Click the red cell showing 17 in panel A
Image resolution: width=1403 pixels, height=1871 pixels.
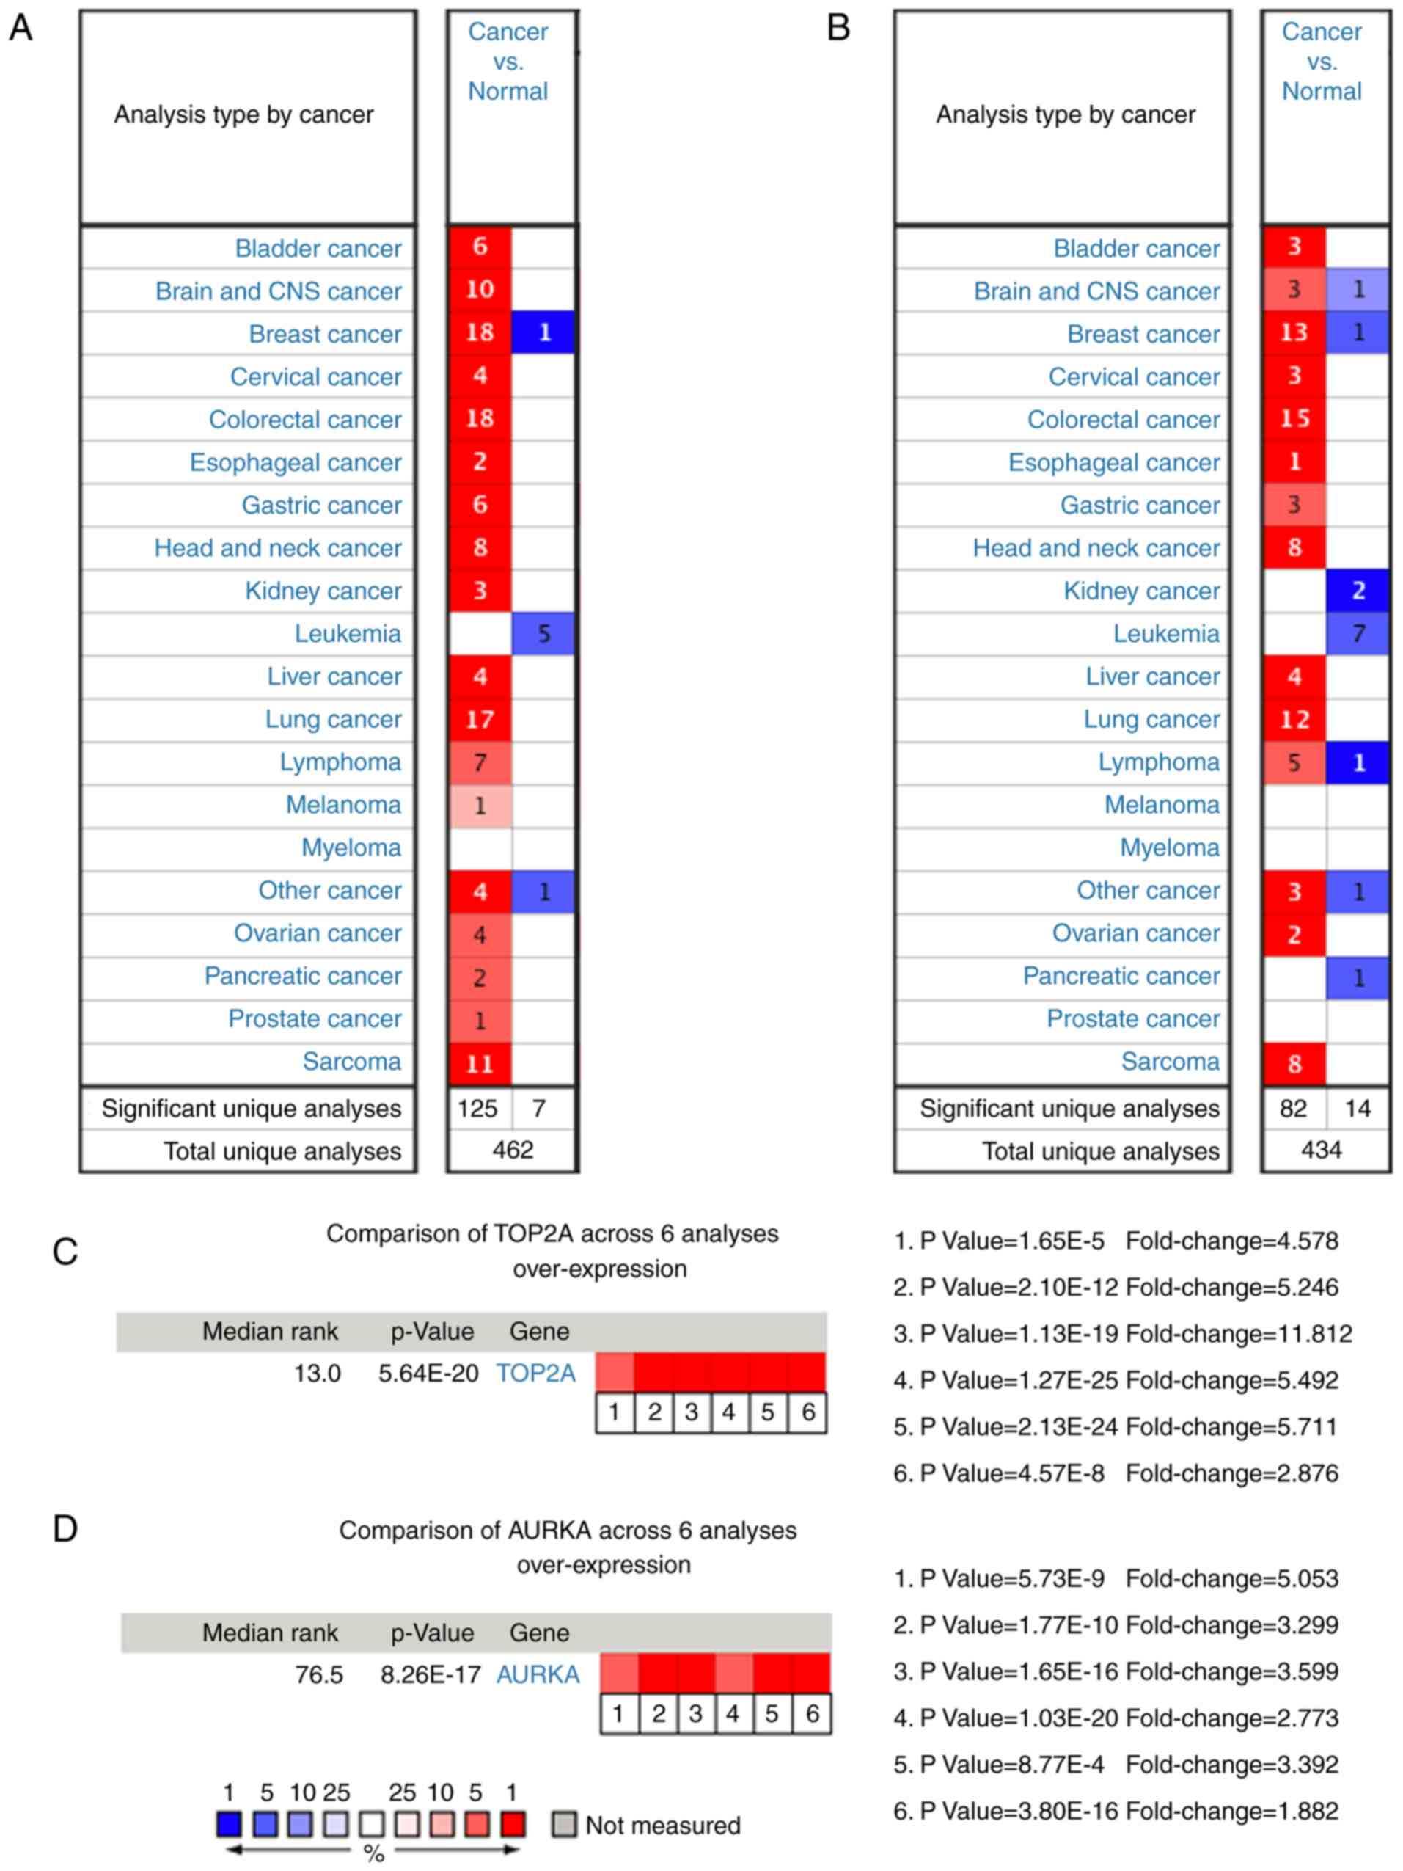coord(480,720)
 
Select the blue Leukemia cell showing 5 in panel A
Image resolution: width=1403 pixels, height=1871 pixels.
coord(543,633)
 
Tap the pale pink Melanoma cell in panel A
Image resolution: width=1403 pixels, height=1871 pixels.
coord(480,805)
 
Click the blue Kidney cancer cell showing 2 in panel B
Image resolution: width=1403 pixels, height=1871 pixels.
coord(1358,591)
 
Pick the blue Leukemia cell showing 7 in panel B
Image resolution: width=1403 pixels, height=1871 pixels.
coord(1358,633)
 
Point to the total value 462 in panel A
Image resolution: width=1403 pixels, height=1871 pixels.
coord(513,1150)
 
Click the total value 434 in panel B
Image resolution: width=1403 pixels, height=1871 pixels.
coord(1321,1150)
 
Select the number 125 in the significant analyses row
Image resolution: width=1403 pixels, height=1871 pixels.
coord(478,1108)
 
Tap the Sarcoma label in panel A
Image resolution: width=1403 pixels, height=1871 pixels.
coord(352,1062)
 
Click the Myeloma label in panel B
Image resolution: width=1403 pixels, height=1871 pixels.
coord(1170,847)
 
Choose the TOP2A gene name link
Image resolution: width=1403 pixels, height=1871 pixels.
coord(535,1373)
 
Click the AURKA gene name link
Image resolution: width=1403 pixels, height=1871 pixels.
coord(538,1675)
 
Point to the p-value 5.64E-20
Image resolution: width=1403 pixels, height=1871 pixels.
coord(429,1373)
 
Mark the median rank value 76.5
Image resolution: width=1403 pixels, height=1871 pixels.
coord(319,1675)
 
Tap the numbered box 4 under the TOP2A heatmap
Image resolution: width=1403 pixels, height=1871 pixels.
coord(729,1412)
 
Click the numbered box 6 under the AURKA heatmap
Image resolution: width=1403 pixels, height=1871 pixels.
coord(812,1714)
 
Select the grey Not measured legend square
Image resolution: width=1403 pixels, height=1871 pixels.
coord(564,1825)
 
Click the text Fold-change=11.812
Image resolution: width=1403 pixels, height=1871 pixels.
coord(1239,1334)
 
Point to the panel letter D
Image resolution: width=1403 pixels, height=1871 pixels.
coord(65,1528)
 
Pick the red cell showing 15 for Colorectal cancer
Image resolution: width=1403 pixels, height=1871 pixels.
coord(1294,419)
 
